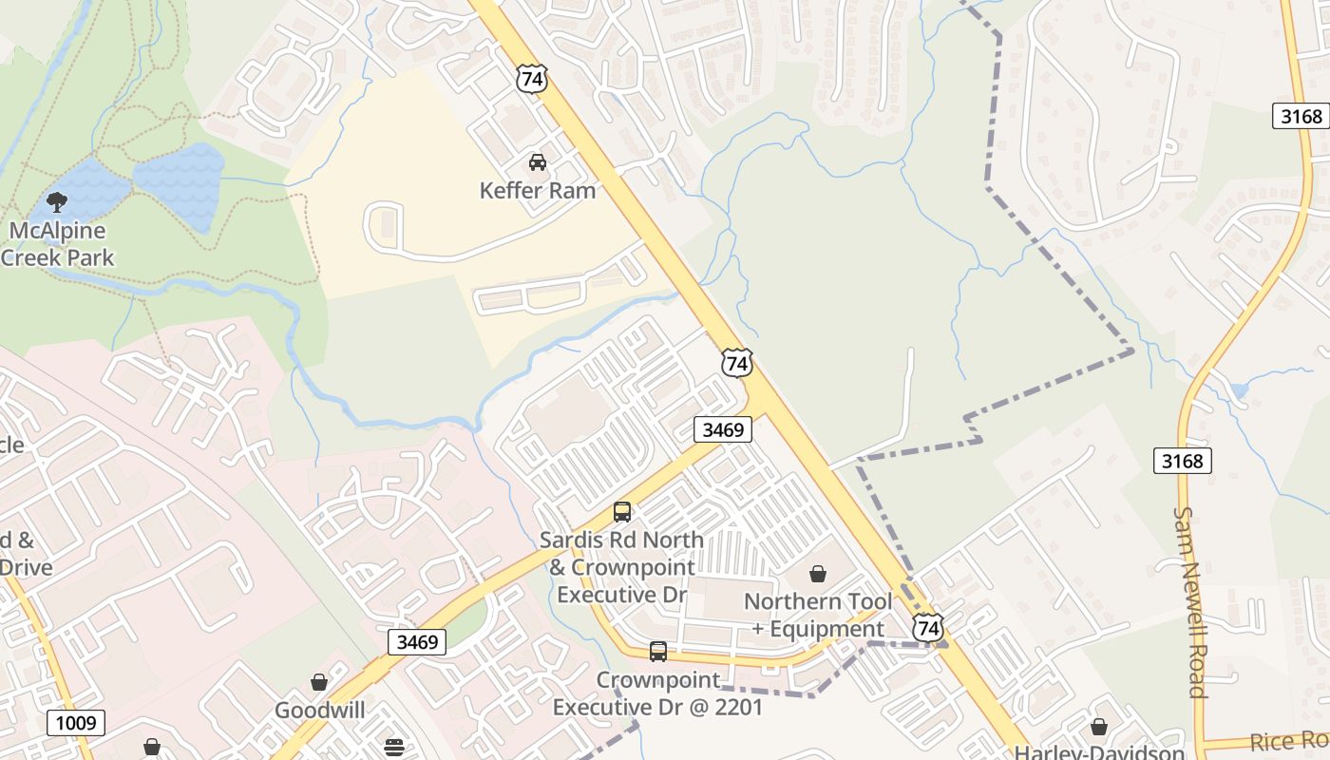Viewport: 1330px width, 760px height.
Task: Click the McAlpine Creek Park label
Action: [57, 244]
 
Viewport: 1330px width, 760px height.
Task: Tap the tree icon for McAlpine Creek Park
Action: [56, 201]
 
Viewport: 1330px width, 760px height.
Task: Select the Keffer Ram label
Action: [538, 190]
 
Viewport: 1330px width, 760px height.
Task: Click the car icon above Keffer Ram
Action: [538, 161]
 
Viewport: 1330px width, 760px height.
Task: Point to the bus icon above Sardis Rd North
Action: [622, 512]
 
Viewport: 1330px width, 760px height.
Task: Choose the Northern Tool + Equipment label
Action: [818, 615]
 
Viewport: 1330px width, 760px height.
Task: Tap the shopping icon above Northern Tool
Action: [818, 574]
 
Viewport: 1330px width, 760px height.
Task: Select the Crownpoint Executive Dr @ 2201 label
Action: [657, 693]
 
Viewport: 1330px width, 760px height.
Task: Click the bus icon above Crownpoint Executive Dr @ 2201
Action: [657, 652]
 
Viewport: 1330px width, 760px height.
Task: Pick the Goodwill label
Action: [320, 711]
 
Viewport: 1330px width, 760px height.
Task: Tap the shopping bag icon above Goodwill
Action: [319, 682]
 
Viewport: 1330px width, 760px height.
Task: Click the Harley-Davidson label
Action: [1099, 752]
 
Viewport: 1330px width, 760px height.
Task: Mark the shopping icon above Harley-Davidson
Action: [1099, 728]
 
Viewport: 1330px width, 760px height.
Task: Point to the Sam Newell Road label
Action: [1190, 602]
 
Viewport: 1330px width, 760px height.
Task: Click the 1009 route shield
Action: [76, 723]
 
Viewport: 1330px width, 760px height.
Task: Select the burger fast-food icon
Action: [394, 747]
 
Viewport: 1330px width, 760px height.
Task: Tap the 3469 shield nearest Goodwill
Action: [417, 642]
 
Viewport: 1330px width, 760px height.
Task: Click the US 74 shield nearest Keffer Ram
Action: [532, 79]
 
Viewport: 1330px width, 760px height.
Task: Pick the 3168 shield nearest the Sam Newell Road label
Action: [1183, 462]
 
